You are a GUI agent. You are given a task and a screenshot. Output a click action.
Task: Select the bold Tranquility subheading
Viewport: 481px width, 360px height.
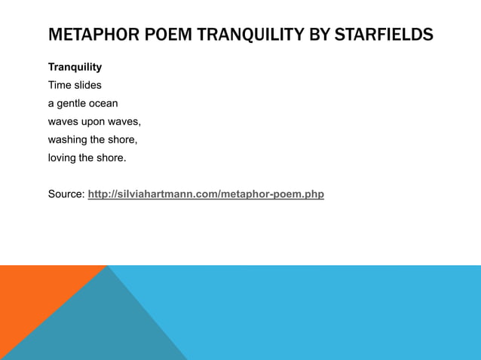tap(75, 67)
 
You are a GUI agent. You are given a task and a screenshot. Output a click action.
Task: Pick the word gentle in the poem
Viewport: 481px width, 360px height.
tap(73, 103)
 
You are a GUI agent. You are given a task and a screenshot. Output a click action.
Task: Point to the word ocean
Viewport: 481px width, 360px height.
tap(105, 103)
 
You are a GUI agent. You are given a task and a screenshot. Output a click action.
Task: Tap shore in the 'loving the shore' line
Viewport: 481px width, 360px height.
tap(111, 157)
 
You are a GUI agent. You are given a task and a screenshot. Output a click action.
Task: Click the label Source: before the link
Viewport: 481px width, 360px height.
tap(66, 194)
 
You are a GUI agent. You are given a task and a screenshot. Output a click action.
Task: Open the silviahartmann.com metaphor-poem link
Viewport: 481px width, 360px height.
tap(206, 194)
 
